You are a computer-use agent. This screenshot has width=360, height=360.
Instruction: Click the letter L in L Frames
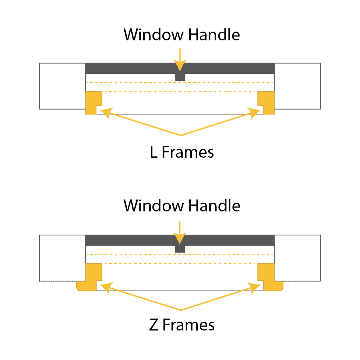click(x=153, y=152)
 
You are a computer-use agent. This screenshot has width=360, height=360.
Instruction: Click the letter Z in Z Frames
click(x=153, y=325)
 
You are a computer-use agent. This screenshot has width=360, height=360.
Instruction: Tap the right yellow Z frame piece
click(x=268, y=277)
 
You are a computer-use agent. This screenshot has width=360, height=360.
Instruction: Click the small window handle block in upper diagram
click(x=180, y=77)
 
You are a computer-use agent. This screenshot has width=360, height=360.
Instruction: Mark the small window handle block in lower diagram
click(x=180, y=249)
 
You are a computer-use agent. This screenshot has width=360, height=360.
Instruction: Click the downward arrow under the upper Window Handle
click(x=180, y=60)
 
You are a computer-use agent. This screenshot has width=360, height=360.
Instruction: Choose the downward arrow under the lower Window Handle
click(x=180, y=233)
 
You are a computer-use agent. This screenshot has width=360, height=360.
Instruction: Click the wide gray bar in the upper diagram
click(x=133, y=68)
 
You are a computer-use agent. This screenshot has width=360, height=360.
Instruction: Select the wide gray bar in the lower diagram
click(x=133, y=241)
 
